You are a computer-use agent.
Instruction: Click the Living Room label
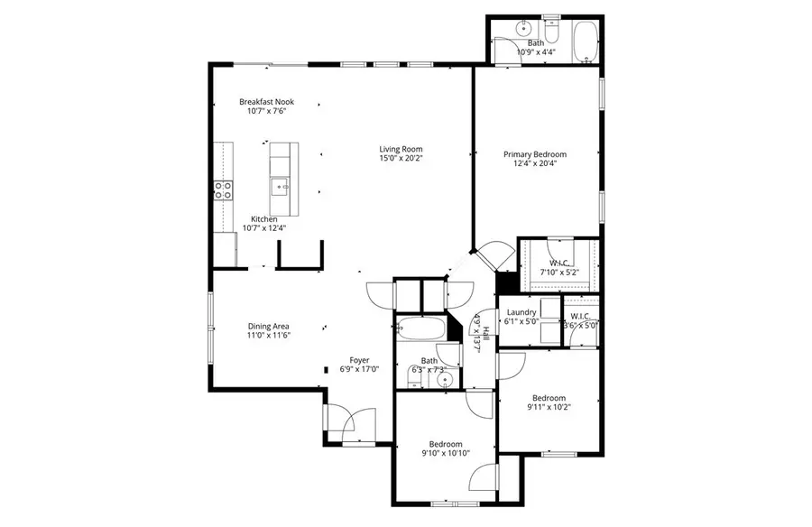[401, 149]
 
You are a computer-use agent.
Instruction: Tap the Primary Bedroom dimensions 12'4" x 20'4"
[535, 163]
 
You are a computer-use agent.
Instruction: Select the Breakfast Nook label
[266, 102]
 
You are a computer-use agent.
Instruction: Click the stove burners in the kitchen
[222, 190]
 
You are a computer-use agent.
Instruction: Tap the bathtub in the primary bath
[585, 42]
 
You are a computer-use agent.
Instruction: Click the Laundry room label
[521, 312]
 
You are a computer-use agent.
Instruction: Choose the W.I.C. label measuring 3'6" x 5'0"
[579, 316]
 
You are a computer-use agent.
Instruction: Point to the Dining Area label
[269, 326]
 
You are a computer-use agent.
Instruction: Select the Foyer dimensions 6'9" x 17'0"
[359, 368]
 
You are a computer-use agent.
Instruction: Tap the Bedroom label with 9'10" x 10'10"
[446, 444]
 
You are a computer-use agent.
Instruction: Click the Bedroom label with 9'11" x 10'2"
[549, 398]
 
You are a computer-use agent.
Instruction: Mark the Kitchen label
[263, 218]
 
